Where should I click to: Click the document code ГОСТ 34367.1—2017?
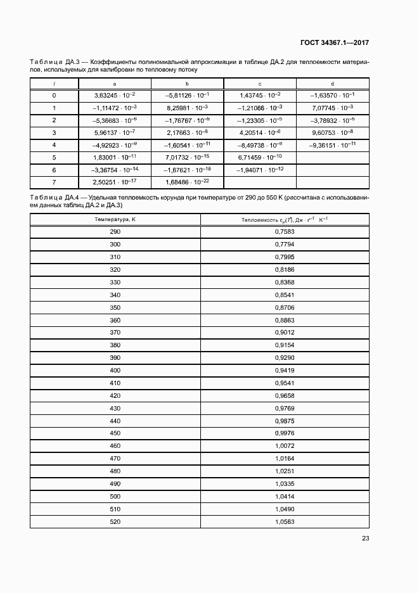pyautogui.click(x=334, y=43)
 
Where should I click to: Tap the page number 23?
pyautogui.click(x=365, y=539)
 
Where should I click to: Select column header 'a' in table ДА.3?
pyautogui.click(x=114, y=84)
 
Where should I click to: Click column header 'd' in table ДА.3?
pyautogui.click(x=333, y=84)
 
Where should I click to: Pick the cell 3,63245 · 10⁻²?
pyautogui.click(x=114, y=95)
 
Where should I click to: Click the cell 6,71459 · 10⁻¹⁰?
pyautogui.click(x=260, y=156)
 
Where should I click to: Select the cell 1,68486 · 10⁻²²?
pyautogui.click(x=187, y=182)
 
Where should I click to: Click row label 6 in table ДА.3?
pyautogui.click(x=54, y=170)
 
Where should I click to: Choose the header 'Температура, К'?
pyautogui.click(x=115, y=219)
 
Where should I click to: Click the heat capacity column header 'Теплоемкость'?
pyautogui.click(x=284, y=219)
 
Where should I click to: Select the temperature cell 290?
pyautogui.click(x=115, y=232)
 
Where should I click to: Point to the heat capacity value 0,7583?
pyautogui.click(x=285, y=232)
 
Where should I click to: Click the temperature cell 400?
pyautogui.click(x=115, y=370)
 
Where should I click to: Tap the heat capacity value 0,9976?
pyautogui.click(x=285, y=433)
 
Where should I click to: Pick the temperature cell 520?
pyautogui.click(x=115, y=521)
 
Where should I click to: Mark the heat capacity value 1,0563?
pyautogui.click(x=285, y=521)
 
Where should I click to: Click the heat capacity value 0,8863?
pyautogui.click(x=285, y=320)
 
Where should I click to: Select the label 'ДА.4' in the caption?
pyautogui.click(x=72, y=198)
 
